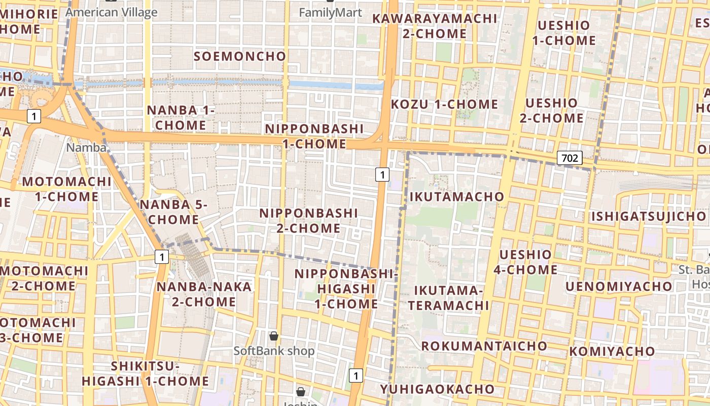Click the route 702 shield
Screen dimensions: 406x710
coord(570,158)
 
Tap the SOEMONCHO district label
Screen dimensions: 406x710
coord(240,56)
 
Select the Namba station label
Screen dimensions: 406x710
coord(87,148)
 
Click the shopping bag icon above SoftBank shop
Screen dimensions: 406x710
coord(274,336)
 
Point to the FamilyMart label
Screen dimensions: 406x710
coord(331,13)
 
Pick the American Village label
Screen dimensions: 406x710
coord(112,12)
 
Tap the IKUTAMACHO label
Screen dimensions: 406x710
coord(457,196)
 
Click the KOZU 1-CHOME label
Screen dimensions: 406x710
coord(445,104)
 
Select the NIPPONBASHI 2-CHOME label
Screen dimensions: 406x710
coord(308,221)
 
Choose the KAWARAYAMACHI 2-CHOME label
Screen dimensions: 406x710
coord(435,26)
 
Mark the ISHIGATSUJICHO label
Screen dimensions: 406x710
coord(648,217)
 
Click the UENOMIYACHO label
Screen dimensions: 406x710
coord(619,287)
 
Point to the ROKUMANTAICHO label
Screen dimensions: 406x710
coord(484,346)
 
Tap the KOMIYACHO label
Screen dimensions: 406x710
coord(612,351)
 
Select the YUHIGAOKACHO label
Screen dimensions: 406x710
coord(437,389)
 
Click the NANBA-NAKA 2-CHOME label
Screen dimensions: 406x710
coord(204,294)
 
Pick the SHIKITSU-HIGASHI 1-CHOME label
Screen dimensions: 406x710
coord(146,374)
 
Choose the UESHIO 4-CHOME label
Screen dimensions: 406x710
coord(525,262)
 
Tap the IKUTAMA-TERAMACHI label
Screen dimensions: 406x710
coord(449,298)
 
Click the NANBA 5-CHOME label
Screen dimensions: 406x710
coord(173,212)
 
